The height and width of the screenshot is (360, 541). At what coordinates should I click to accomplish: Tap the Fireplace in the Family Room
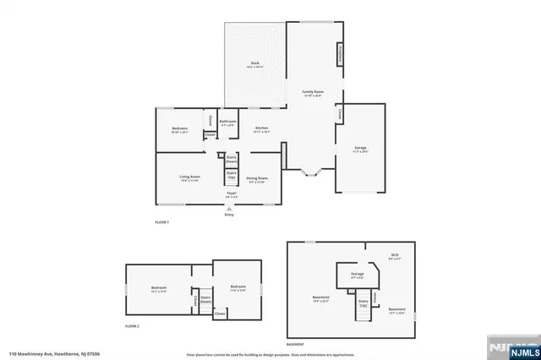[340, 53]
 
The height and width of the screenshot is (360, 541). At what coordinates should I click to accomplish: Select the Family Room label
[314, 93]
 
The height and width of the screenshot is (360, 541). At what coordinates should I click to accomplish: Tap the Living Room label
[189, 177]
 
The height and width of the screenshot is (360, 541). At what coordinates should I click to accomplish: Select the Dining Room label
[257, 179]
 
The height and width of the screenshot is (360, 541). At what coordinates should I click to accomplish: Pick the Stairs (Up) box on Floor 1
[231, 176]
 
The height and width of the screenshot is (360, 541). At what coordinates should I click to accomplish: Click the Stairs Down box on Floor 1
[231, 159]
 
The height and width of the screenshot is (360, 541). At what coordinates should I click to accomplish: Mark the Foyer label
[230, 195]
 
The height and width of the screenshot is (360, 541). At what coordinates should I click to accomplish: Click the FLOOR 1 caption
[161, 222]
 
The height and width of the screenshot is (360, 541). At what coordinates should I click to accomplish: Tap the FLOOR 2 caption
[132, 325]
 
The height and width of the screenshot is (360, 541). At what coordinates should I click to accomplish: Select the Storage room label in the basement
[358, 275]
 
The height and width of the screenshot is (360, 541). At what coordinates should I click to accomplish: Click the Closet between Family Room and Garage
[340, 113]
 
